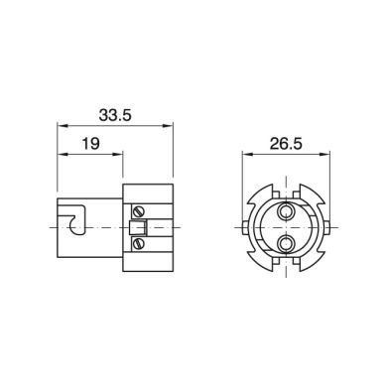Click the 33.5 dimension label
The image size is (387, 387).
(x=115, y=115)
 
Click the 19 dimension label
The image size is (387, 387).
(x=90, y=144)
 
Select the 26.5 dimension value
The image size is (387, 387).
(x=286, y=144)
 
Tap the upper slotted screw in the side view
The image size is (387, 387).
(x=138, y=211)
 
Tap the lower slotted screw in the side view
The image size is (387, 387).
(x=138, y=244)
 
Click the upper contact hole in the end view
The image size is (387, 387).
(x=285, y=211)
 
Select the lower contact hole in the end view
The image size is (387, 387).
(x=285, y=244)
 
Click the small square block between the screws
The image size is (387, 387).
(x=138, y=227)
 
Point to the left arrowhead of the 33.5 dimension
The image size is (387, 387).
(x=63, y=126)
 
